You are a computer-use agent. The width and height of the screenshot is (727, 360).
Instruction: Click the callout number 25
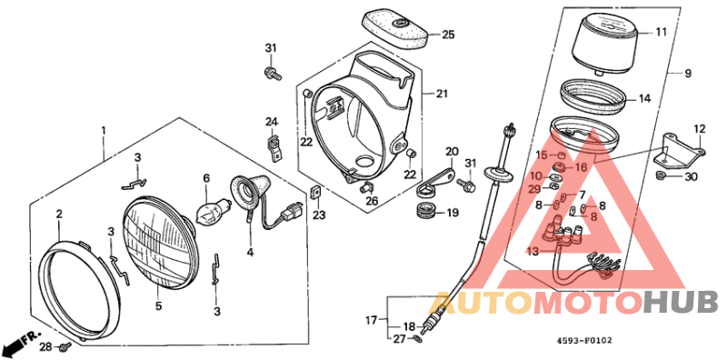[447, 35]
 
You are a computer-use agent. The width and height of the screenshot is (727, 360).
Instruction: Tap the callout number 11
[661, 32]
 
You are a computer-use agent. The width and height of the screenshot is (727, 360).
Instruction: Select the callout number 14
[644, 98]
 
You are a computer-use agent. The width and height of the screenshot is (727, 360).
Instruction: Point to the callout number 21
[442, 94]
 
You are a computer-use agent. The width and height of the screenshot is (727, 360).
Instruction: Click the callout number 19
[451, 213]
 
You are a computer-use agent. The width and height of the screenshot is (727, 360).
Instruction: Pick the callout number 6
[206, 178]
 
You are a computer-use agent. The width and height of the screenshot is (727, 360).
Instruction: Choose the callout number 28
[45, 347]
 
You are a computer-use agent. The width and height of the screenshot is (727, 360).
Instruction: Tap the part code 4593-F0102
[584, 342]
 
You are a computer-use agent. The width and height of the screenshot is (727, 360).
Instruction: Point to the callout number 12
[700, 128]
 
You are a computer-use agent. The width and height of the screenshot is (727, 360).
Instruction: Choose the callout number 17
[372, 319]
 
